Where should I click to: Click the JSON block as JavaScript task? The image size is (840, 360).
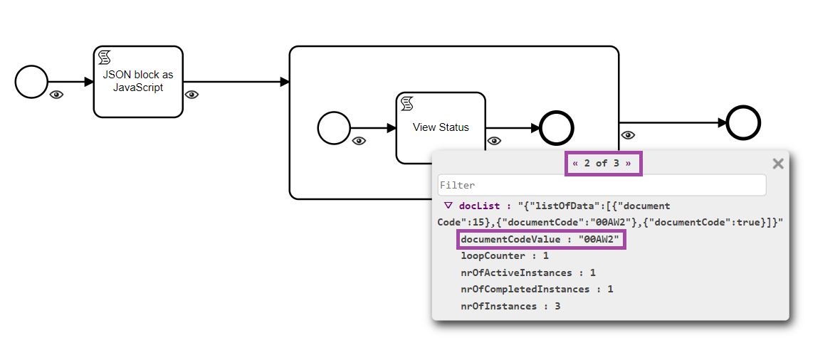pyautogui.click(x=138, y=82)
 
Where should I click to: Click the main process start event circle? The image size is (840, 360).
pyautogui.click(x=31, y=82)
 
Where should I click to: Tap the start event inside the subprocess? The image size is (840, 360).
pyautogui.click(x=334, y=129)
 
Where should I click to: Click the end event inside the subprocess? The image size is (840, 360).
pyautogui.click(x=557, y=129)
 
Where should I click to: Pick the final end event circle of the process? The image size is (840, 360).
pyautogui.click(x=744, y=123)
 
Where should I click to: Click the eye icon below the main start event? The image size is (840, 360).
pyautogui.click(x=56, y=95)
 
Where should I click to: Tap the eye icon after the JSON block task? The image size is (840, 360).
pyautogui.click(x=191, y=95)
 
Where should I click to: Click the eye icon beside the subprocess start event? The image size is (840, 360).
pyautogui.click(x=359, y=141)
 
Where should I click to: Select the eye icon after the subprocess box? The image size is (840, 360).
pyautogui.click(x=628, y=135)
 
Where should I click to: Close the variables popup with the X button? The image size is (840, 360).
pyautogui.click(x=778, y=164)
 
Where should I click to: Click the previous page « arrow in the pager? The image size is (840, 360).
pyautogui.click(x=575, y=163)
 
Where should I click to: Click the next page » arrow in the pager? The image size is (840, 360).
pyautogui.click(x=628, y=163)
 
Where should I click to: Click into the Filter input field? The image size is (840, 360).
pyautogui.click(x=602, y=185)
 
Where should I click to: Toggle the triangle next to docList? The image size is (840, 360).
pyautogui.click(x=448, y=206)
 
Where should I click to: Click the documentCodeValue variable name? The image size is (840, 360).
pyautogui.click(x=510, y=240)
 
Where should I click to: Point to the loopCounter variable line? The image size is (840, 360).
pyautogui.click(x=505, y=255)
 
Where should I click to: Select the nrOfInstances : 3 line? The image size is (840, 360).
pyautogui.click(x=510, y=307)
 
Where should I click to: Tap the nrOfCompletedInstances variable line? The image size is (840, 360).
pyautogui.click(x=537, y=290)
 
